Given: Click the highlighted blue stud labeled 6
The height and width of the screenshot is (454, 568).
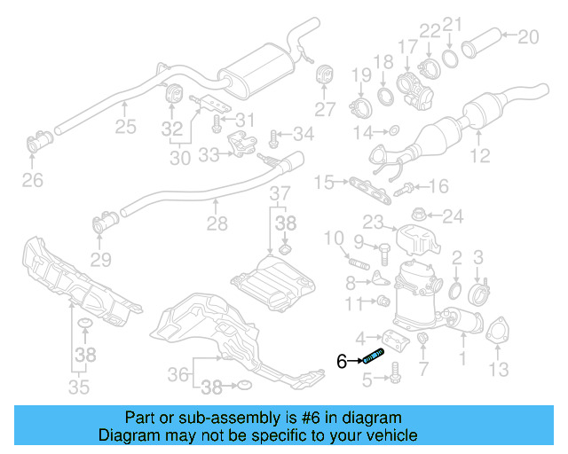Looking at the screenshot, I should coord(372,358).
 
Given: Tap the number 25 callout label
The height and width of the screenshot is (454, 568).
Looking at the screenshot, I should coord(125,127).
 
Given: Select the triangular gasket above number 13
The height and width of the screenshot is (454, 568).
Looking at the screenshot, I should coord(498,330).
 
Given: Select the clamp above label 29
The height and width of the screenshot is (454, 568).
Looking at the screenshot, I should coord(101,224).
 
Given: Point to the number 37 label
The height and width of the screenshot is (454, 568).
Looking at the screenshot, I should coord(280,193).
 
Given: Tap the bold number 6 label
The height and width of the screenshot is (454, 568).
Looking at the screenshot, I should coord(343,361).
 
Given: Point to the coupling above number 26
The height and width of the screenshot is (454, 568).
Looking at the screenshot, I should coord(39,141).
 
